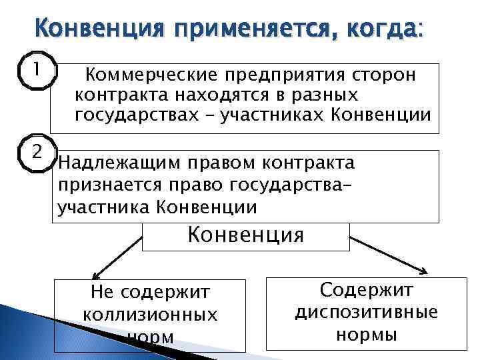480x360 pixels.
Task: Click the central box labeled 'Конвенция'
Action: pos(246,235)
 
